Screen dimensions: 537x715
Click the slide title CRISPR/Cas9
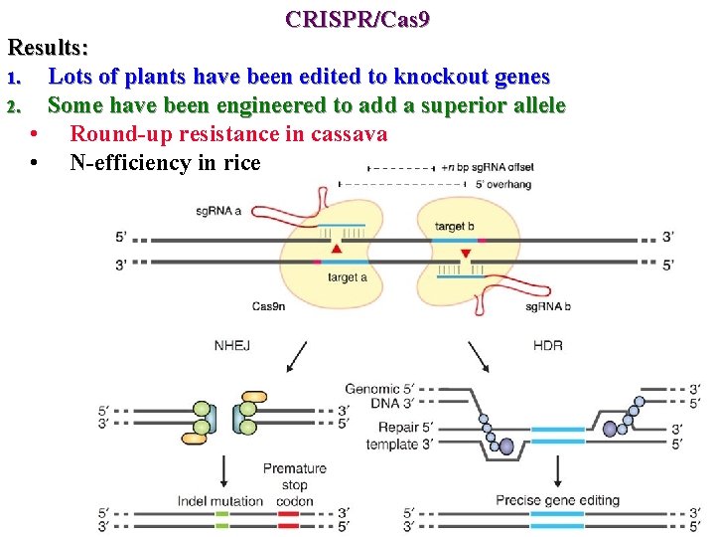[357, 18]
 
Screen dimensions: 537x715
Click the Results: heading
[49, 47]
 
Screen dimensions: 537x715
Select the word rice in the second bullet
[241, 162]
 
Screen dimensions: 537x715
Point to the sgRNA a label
[218, 211]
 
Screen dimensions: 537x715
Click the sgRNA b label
[547, 305]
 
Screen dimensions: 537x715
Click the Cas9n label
[269, 305]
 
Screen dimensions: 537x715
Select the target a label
[348, 277]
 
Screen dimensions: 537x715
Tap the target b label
[456, 227]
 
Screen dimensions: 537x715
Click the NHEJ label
[231, 346]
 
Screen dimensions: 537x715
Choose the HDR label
[547, 346]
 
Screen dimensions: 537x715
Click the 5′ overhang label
[502, 184]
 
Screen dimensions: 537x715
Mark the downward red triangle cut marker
[465, 255]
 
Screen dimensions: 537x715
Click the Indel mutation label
[220, 500]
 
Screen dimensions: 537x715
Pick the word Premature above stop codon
[294, 468]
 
